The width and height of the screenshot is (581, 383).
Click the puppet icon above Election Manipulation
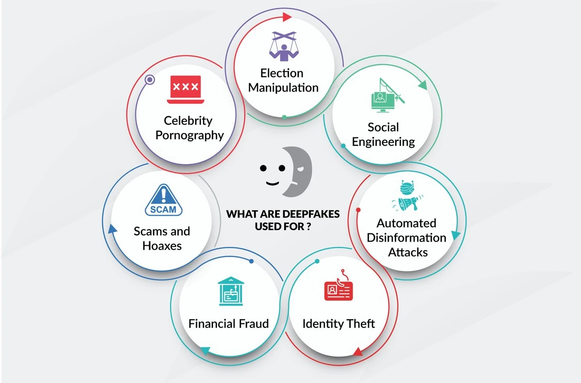(284, 46)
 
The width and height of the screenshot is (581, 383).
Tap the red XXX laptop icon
(185, 90)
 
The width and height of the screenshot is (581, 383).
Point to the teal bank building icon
(231, 291)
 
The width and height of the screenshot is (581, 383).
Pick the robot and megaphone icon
(407, 196)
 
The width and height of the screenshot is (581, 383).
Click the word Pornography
(190, 136)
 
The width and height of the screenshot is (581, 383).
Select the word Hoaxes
(162, 246)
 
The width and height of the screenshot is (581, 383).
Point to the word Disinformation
(406, 238)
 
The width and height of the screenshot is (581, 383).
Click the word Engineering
(383, 142)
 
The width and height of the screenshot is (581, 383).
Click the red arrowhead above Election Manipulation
(287, 17)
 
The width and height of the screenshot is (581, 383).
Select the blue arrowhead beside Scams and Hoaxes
(112, 229)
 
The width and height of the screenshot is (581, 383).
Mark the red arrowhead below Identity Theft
(358, 352)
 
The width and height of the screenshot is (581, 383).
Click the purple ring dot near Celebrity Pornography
(150, 79)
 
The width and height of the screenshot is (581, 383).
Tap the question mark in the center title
(308, 227)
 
